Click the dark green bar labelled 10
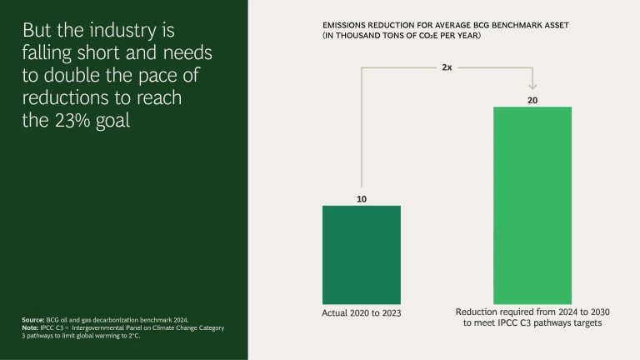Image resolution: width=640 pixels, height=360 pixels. (361, 254)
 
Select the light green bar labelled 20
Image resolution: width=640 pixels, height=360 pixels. (532, 205)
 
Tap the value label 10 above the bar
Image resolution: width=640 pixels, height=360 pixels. (361, 199)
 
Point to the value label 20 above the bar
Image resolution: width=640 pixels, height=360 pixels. (532, 100)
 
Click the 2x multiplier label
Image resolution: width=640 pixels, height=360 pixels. (447, 67)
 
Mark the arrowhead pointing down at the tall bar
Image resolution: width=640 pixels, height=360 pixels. (532, 85)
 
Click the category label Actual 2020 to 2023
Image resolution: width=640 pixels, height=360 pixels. (361, 314)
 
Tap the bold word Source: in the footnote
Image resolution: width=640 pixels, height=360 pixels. (34, 319)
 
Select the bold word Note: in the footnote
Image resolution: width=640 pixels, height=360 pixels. (31, 327)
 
